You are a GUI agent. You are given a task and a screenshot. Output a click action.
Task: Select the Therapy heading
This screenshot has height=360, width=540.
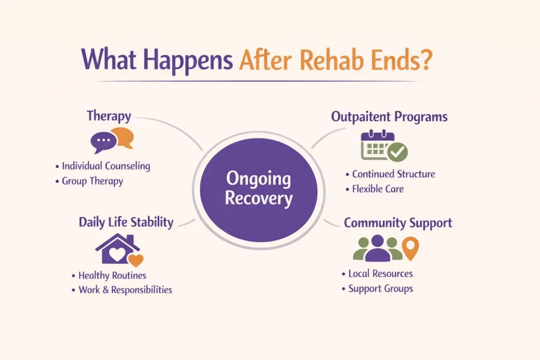[109, 116]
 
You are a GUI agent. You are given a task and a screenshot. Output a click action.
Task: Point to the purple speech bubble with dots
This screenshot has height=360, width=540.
[103, 142]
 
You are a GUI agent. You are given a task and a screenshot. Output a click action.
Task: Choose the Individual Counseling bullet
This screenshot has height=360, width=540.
[106, 166]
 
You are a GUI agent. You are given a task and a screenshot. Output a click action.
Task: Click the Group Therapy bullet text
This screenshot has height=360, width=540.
[92, 181]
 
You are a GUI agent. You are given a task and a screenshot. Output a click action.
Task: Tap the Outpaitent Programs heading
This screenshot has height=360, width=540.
[389, 116]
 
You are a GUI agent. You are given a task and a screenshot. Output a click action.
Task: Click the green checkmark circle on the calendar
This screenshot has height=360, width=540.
[397, 152]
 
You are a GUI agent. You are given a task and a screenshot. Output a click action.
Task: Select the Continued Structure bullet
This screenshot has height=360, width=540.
[393, 174]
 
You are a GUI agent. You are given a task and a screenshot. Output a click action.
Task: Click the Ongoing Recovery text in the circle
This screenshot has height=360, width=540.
[258, 189]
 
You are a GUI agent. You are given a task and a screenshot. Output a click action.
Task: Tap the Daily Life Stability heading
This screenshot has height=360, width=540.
[126, 222]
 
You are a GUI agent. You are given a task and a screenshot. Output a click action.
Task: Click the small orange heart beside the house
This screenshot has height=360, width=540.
[136, 260]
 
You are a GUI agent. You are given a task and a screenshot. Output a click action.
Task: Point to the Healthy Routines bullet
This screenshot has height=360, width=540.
[112, 275]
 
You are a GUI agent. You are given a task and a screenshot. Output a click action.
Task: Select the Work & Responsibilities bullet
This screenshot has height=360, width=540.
[125, 290]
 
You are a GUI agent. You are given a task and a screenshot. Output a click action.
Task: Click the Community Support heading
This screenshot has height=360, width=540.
[398, 222]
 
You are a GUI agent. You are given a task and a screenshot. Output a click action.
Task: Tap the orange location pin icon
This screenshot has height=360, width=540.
[410, 248]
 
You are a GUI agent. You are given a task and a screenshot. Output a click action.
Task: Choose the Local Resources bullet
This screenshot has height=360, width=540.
[380, 274]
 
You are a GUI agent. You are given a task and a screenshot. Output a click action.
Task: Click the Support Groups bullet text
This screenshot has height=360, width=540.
[380, 289]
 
